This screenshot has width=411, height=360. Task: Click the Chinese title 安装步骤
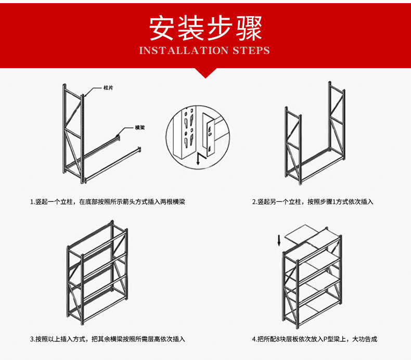(x=205, y=28)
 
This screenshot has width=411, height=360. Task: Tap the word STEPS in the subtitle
(x=251, y=50)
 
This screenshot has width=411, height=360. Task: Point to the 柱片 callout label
(x=108, y=88)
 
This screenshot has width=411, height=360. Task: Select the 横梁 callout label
(x=139, y=127)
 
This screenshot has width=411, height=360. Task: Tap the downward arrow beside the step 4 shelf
(x=279, y=240)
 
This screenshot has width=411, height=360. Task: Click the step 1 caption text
(x=107, y=201)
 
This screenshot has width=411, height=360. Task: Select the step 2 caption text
(x=313, y=201)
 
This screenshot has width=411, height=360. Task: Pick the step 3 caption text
(x=107, y=339)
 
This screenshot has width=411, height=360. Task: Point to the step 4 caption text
(x=314, y=339)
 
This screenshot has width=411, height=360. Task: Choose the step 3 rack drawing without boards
(x=97, y=273)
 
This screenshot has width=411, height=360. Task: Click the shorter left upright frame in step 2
(x=293, y=146)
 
